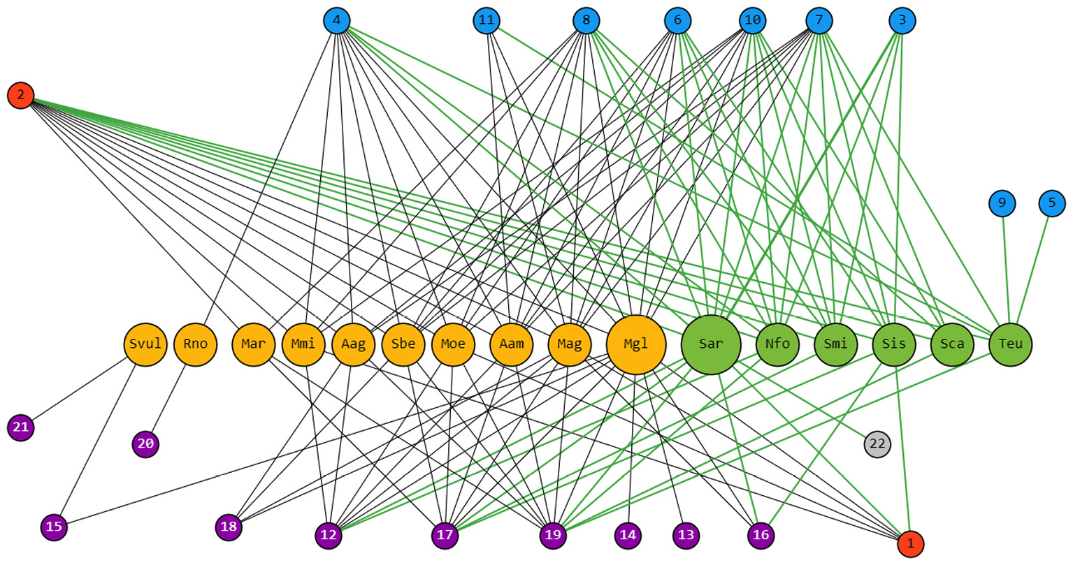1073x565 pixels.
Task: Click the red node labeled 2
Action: click(21, 95)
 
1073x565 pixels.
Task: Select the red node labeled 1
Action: click(910, 543)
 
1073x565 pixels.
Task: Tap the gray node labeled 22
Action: click(877, 444)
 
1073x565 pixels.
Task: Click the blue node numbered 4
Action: click(336, 20)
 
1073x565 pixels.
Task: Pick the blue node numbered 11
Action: click(487, 20)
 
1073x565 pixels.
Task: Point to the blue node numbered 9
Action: click(1002, 203)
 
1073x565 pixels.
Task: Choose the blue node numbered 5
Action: click(1052, 203)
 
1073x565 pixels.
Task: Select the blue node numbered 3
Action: click(902, 20)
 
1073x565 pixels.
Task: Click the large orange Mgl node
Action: click(636, 344)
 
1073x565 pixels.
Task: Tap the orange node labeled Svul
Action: click(145, 344)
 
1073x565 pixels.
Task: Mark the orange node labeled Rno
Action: click(196, 344)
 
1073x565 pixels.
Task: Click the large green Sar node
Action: click(711, 344)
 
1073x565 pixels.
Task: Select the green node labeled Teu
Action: click(1011, 344)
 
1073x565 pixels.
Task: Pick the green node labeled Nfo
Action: click(777, 344)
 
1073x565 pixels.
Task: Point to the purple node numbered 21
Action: click(21, 427)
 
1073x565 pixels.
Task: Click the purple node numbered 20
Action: click(145, 444)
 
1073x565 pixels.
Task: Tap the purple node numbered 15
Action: click(54, 527)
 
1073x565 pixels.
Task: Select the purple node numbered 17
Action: click(445, 536)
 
